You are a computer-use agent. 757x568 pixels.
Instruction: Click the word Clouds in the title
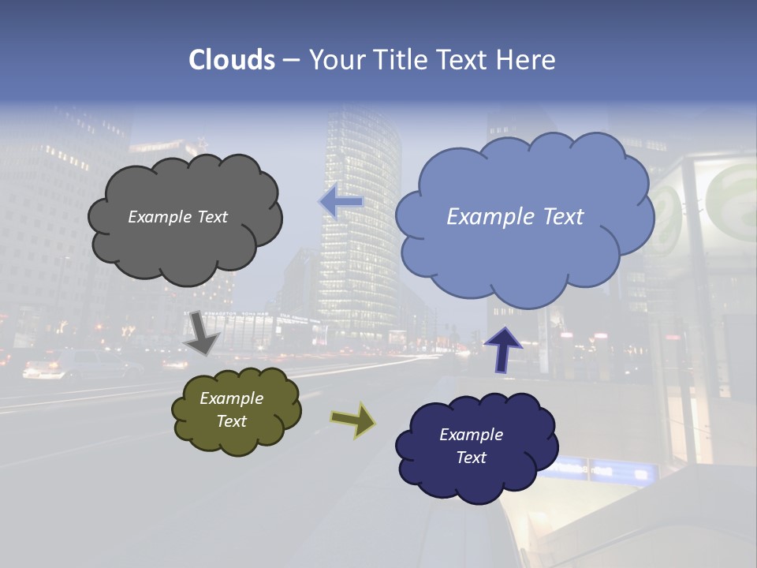(231, 60)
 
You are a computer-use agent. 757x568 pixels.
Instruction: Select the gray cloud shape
(185, 252)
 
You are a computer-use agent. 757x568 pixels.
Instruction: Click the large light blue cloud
(520, 260)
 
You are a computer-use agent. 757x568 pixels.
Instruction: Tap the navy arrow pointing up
(503, 349)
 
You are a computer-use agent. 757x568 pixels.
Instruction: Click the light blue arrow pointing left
(341, 202)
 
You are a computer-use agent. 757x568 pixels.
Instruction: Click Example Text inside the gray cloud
(177, 217)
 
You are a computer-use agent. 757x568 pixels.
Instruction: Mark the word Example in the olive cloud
(231, 399)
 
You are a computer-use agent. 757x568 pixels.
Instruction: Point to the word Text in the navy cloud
(471, 458)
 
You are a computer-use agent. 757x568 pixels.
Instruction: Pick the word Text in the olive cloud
(231, 421)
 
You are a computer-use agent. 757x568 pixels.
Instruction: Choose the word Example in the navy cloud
(471, 435)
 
